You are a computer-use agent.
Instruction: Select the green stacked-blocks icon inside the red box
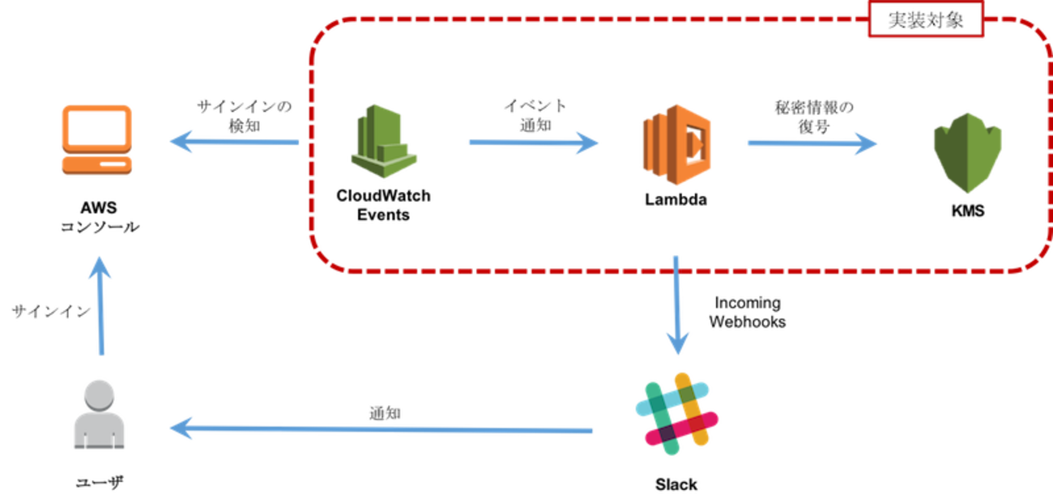tap(384, 141)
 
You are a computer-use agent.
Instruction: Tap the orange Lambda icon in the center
tap(677, 144)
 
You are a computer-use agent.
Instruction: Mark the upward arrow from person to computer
tap(100, 305)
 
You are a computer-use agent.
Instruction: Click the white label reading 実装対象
tap(926, 20)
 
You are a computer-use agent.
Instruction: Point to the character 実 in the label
tap(897, 20)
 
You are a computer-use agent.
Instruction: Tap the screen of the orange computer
tap(96, 126)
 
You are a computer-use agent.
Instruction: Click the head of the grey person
tap(99, 394)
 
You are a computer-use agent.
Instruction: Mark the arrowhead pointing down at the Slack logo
tap(677, 343)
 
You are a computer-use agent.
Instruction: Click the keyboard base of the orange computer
tap(96, 164)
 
